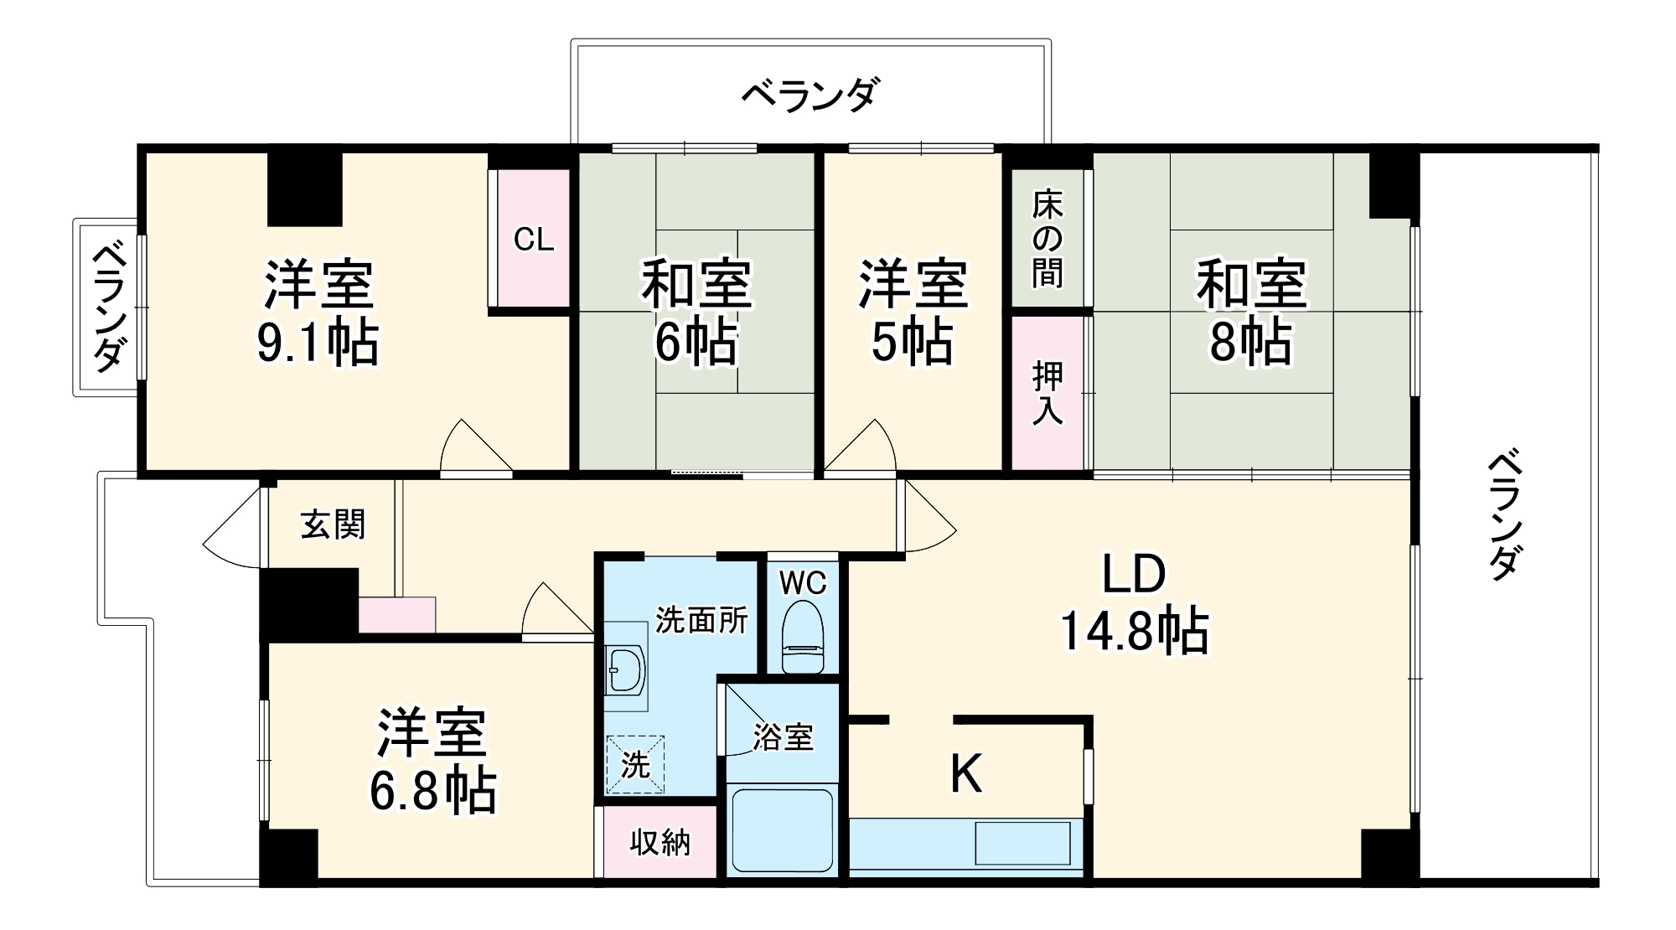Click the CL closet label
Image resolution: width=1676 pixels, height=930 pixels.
(534, 240)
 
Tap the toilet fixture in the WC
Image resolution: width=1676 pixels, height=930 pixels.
(804, 637)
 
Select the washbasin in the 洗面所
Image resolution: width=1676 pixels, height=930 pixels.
(626, 669)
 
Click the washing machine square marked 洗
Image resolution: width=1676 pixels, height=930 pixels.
(635, 763)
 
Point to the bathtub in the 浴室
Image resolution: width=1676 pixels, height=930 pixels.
(783, 830)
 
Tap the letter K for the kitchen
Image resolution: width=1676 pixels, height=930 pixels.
(965, 773)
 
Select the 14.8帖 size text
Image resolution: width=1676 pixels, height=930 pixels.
(1134, 632)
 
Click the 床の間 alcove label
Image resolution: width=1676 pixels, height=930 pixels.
(1047, 239)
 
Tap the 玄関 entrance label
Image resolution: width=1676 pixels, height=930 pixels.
(333, 525)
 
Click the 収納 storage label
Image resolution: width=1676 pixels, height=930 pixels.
(660, 842)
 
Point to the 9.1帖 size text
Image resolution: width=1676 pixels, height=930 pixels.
(317, 343)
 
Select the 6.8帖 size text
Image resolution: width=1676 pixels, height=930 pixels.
(432, 791)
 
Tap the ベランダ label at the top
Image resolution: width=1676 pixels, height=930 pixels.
(810, 95)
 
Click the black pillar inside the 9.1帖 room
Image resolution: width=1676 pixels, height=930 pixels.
(304, 189)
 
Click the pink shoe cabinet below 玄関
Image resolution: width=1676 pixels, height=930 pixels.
(397, 614)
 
